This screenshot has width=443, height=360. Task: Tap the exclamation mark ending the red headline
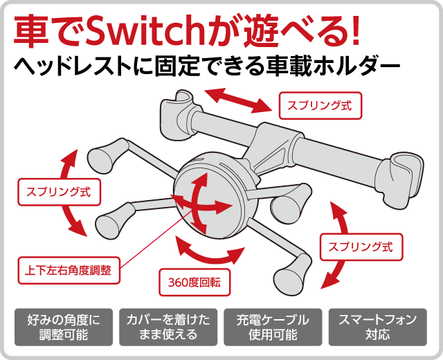pyautogui.click(x=354, y=31)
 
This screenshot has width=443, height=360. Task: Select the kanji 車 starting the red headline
pyautogui.click(x=30, y=32)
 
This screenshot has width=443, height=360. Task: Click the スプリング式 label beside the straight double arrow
pyautogui.click(x=320, y=105)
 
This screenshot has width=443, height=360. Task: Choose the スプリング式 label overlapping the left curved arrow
pyautogui.click(x=59, y=192)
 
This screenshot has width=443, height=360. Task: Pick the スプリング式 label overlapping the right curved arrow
pyautogui.click(x=361, y=247)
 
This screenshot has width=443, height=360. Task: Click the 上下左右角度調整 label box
pyautogui.click(x=69, y=271)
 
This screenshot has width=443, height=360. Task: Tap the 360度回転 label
pyautogui.click(x=195, y=282)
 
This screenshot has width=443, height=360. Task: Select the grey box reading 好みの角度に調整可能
pyautogui.click(x=64, y=327)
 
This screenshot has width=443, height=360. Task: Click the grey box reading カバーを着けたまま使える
pyautogui.click(x=168, y=327)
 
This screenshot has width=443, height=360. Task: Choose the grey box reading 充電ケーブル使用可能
pyautogui.click(x=273, y=327)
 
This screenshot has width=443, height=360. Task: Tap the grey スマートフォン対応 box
pyautogui.click(x=378, y=327)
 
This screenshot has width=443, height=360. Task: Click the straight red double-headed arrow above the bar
pyautogui.click(x=237, y=100)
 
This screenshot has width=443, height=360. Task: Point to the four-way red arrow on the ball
pyautogui.click(x=202, y=205)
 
